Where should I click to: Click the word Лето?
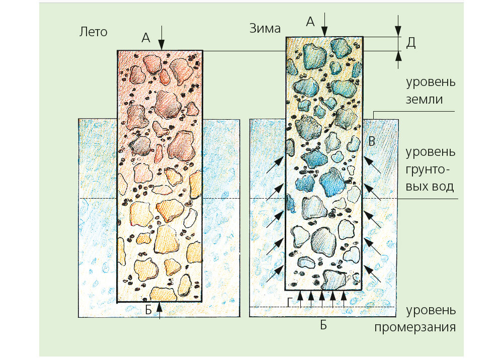pos(94,32)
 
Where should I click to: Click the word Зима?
pos(265,28)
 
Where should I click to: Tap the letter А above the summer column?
pos(146,38)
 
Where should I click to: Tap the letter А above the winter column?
pos(310,21)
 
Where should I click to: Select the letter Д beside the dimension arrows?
pos(410,43)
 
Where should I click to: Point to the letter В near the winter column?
pos(372,141)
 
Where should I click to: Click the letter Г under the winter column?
pos(289,301)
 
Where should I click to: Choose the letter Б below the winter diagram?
pos(323,325)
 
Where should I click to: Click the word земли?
pos(426,100)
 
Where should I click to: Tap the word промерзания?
pos(415,328)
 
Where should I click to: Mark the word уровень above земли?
pos(431,82)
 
